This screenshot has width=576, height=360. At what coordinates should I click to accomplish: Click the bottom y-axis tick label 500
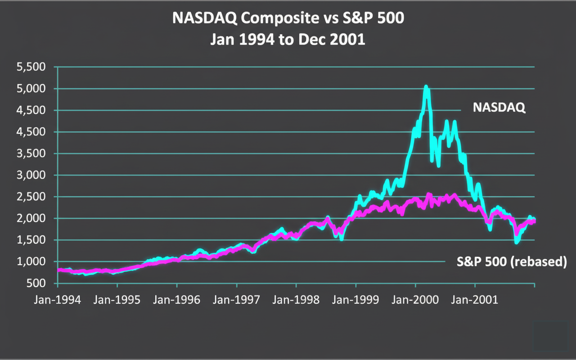[x=40, y=283]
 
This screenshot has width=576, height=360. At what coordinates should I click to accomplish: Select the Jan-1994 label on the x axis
[x=57, y=300]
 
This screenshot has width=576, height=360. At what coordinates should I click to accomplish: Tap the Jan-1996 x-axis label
[x=176, y=300]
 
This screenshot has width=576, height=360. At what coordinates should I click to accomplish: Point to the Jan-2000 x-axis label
[x=415, y=300]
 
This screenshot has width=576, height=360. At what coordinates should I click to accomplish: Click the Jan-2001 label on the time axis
[x=474, y=300]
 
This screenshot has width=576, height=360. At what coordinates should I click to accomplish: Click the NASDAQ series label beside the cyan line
[x=499, y=108]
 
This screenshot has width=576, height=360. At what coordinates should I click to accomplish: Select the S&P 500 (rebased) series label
[x=512, y=262]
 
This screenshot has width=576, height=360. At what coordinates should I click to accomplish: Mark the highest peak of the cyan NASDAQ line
[x=426, y=87]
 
